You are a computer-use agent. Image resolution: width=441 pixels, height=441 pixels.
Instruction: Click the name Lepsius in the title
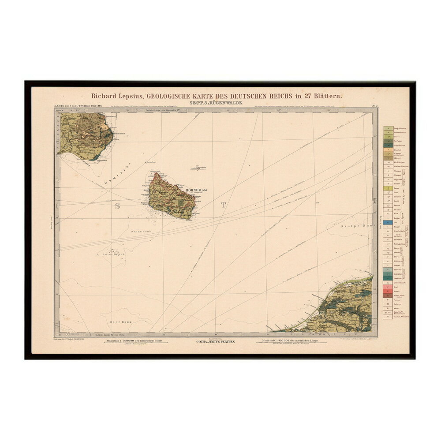click(x=125, y=95)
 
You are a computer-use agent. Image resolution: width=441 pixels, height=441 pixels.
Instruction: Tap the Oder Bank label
click(x=120, y=321)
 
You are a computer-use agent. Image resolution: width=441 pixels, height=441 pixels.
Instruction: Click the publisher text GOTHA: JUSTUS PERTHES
click(x=215, y=342)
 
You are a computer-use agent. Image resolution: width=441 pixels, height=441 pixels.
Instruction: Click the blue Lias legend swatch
click(x=388, y=222)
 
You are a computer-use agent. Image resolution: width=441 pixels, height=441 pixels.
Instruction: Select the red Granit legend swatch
click(x=388, y=292)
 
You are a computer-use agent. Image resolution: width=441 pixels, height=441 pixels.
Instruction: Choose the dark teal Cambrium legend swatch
click(x=388, y=277)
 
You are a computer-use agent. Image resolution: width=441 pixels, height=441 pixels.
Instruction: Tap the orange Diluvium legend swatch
click(x=388, y=149)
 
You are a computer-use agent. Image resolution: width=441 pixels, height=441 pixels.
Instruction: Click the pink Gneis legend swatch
click(x=388, y=287)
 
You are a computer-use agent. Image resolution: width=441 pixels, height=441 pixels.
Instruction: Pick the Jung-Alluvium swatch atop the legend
click(x=388, y=128)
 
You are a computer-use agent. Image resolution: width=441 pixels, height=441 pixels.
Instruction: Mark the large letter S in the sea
click(x=118, y=206)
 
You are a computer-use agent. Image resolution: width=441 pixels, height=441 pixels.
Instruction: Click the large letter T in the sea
click(x=223, y=204)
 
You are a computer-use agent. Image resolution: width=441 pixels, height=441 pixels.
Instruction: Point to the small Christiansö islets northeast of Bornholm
click(x=199, y=168)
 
